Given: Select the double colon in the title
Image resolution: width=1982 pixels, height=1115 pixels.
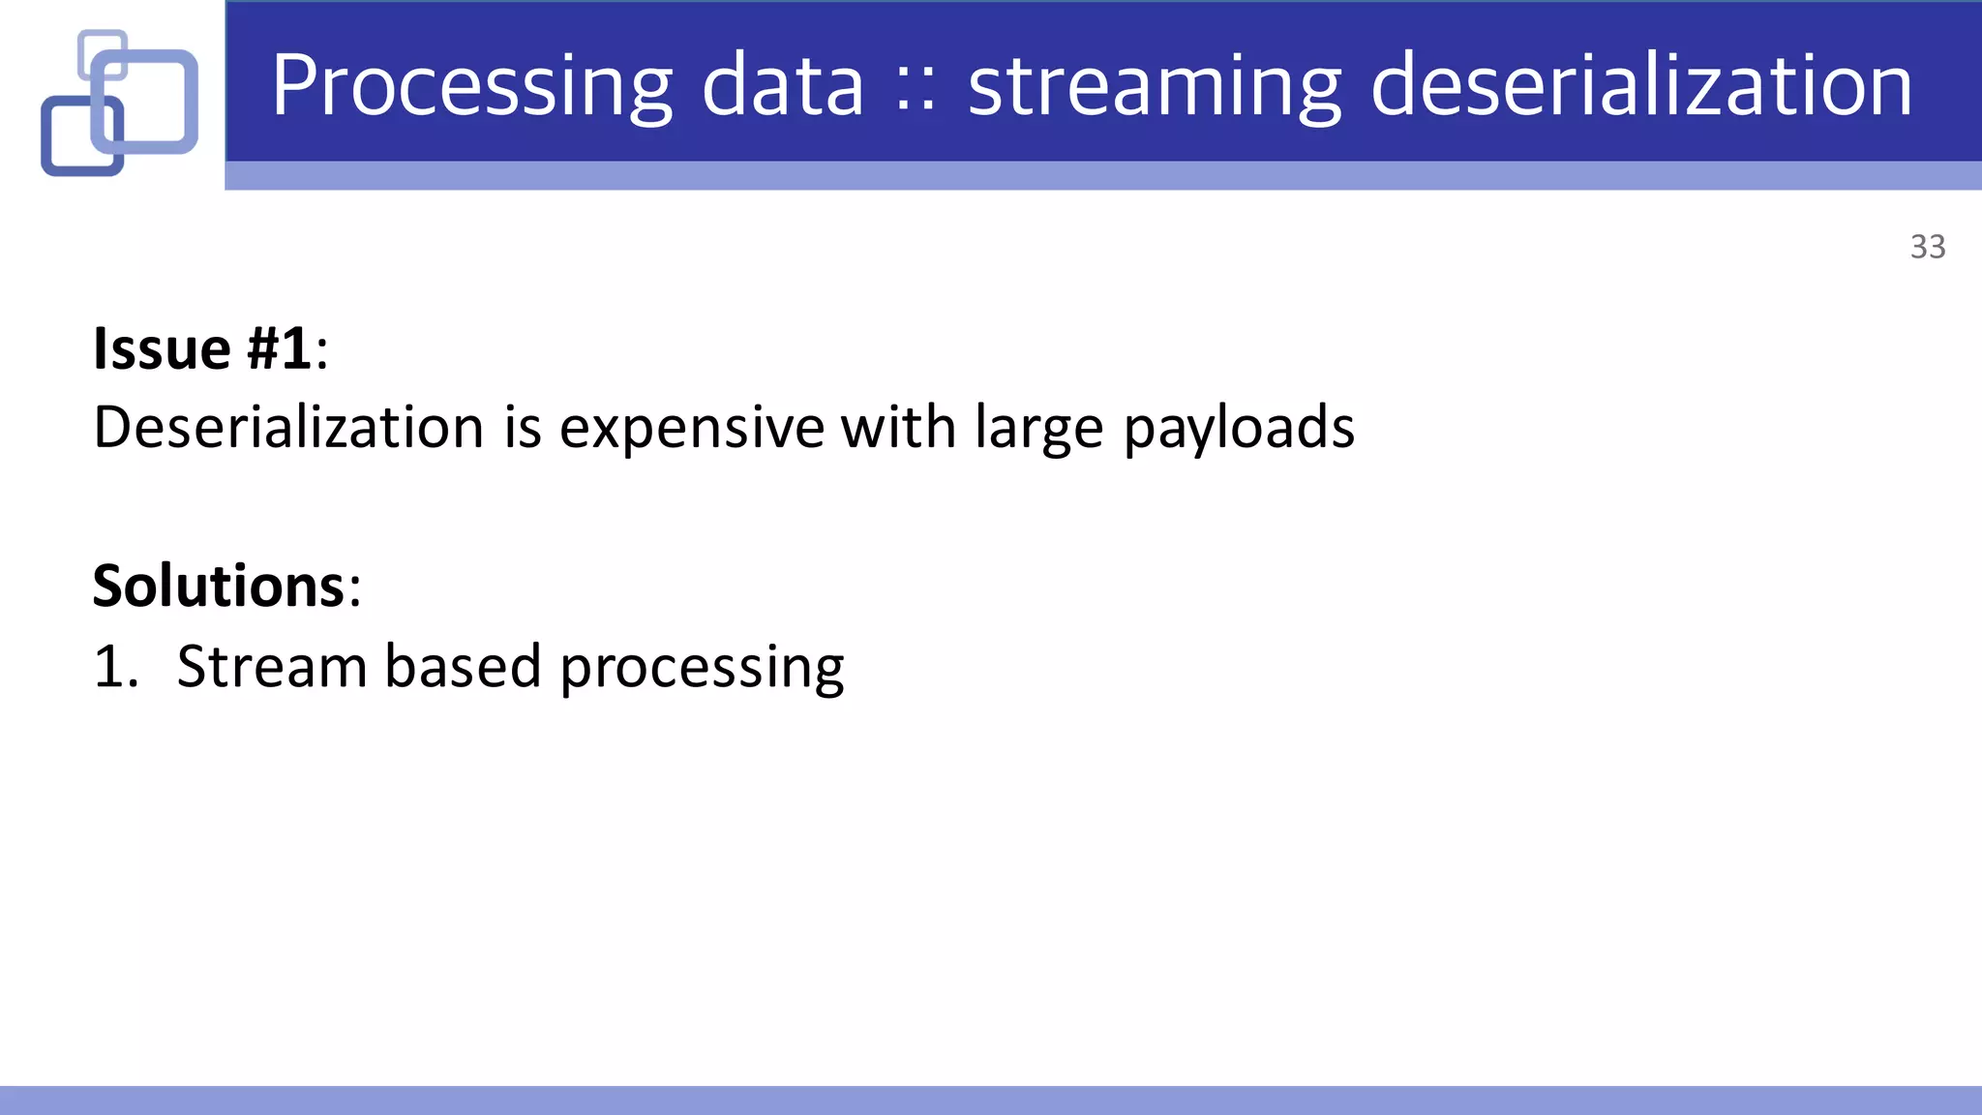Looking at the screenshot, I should click(x=916, y=90).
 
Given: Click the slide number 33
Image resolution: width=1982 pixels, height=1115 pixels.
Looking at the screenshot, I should click(x=1927, y=247).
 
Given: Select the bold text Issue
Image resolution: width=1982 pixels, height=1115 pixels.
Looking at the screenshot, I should click(x=162, y=348).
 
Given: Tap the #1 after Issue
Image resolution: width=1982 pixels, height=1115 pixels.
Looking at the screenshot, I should click(x=279, y=348).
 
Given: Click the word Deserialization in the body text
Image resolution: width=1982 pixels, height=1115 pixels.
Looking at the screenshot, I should click(x=288, y=427).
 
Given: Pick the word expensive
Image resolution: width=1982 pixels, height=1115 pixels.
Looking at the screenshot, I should click(x=691, y=427).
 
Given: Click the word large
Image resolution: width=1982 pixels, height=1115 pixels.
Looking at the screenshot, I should click(x=1038, y=429).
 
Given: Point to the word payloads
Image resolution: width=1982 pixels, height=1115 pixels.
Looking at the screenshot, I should click(x=1239, y=429).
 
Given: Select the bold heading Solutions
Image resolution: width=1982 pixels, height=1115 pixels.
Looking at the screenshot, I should click(x=219, y=586).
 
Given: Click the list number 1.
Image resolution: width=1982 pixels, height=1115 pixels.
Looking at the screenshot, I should click(x=115, y=667).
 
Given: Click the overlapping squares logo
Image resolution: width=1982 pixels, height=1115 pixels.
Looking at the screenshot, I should click(x=120, y=103).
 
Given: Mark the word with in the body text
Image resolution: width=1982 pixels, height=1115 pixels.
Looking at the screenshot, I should click(x=898, y=427).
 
